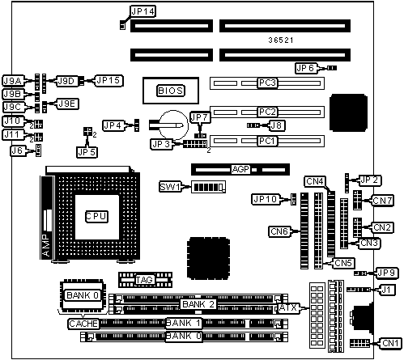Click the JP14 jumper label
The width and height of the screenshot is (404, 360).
(x=142, y=11)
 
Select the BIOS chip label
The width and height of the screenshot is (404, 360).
(x=171, y=91)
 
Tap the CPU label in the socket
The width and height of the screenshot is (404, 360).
(x=96, y=217)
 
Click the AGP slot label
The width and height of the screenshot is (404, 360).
(x=240, y=169)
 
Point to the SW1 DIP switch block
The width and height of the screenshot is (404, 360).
(x=208, y=187)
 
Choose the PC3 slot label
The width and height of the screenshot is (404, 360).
(x=267, y=83)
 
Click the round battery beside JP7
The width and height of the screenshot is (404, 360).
(x=174, y=125)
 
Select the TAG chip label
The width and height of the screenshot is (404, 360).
(x=144, y=280)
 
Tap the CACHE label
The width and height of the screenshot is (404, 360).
(x=83, y=324)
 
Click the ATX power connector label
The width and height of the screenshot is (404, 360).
(x=288, y=308)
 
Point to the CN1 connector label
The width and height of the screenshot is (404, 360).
(x=390, y=343)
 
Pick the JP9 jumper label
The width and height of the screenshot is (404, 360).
(x=386, y=273)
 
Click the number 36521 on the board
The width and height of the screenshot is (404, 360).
(x=281, y=40)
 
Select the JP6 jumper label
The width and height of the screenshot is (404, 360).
(x=306, y=68)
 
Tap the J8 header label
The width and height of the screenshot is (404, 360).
(x=276, y=125)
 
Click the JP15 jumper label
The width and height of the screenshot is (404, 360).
(x=108, y=81)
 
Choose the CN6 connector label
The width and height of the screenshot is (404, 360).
(x=279, y=231)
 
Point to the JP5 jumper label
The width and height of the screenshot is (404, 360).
(x=87, y=152)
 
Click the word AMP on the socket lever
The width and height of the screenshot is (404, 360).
(x=46, y=245)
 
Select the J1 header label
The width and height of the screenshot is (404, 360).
(x=386, y=290)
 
